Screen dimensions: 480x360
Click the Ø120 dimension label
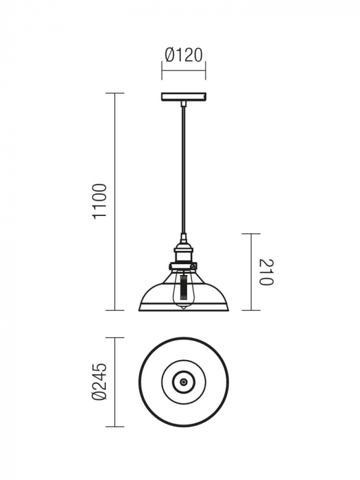coord(184,55)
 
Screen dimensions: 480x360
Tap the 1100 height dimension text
coord(100,202)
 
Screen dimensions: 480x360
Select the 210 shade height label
coord(267,272)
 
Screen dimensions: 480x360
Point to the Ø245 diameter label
coord(100,382)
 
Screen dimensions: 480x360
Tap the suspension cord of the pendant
coord(184,171)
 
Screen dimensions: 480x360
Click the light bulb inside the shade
coord(184,288)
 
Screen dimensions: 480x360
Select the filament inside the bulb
coord(184,285)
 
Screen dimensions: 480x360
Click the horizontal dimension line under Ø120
coord(184,69)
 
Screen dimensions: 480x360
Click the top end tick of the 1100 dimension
coord(115,93)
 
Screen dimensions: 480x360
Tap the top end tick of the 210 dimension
coord(252,234)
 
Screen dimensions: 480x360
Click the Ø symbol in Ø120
coord(170,55)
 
